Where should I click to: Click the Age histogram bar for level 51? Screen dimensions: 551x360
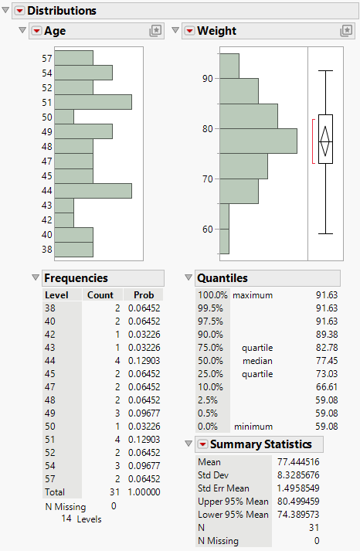pos(93,102)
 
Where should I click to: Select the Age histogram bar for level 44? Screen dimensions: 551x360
pos(93,190)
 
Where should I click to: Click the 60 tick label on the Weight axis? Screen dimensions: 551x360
pos(205,229)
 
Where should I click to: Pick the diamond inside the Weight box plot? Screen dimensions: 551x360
pos(325,140)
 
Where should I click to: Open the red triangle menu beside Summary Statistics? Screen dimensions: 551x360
pos(202,444)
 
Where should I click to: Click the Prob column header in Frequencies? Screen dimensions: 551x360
pos(144,295)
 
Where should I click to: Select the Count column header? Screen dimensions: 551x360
pos(100,295)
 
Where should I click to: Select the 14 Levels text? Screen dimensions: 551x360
pos(81,519)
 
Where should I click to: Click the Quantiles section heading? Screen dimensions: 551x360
pos(222,278)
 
